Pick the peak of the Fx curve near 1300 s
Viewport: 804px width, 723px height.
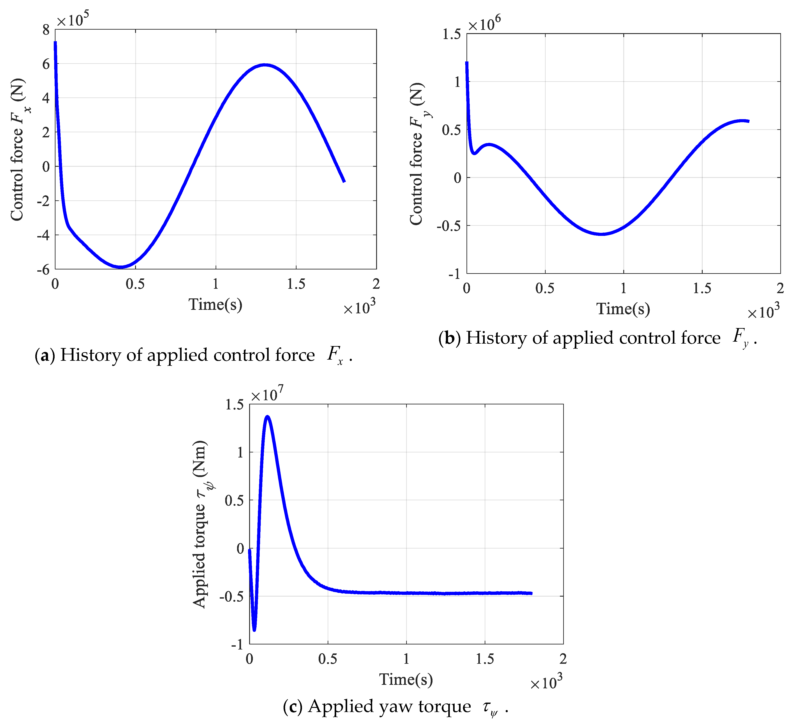[265, 65]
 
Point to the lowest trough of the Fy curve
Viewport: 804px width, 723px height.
[602, 234]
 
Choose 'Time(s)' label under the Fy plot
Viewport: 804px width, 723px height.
[623, 309]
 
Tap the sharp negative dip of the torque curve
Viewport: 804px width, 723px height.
[254, 630]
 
